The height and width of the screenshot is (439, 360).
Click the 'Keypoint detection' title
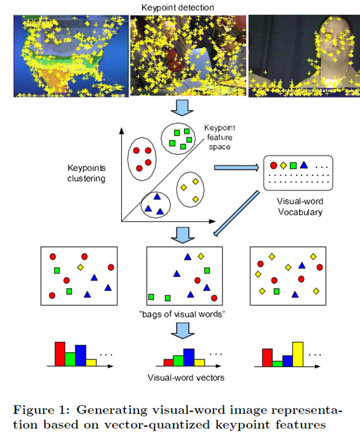click(x=177, y=7)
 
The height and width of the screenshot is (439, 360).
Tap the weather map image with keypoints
click(x=71, y=56)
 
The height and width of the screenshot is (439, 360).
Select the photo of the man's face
click(x=304, y=56)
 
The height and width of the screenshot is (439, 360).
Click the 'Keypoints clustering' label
click(x=86, y=173)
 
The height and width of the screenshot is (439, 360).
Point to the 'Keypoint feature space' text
click(x=219, y=137)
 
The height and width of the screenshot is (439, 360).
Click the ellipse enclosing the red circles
click(x=128, y=159)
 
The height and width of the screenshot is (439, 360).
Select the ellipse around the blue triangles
click(x=141, y=205)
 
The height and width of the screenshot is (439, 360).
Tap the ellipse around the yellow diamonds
click(x=177, y=190)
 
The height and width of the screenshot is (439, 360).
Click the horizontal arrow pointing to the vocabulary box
click(x=236, y=168)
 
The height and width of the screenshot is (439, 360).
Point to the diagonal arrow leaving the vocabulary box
click(x=236, y=214)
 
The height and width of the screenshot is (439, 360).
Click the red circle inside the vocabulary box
click(x=274, y=165)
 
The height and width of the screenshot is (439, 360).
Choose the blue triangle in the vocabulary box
click(x=304, y=165)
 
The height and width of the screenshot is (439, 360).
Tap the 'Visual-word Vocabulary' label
click(x=300, y=206)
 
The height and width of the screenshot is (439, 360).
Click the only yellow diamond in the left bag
click(x=80, y=267)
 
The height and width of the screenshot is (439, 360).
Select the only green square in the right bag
click(x=277, y=292)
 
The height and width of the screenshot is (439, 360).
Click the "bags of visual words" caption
click(x=182, y=314)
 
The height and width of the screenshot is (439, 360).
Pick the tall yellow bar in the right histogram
click(x=298, y=354)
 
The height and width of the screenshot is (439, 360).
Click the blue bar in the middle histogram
click(x=189, y=358)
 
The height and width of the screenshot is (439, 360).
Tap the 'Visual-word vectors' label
click(x=186, y=377)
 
